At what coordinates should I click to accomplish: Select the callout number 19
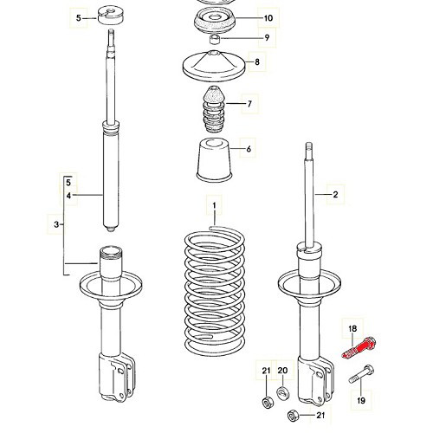coord(361,399)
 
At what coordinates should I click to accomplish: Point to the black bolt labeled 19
coord(362,378)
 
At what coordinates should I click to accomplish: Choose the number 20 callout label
coord(281,372)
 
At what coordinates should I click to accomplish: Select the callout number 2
coord(335,196)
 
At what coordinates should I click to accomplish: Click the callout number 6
coord(249,150)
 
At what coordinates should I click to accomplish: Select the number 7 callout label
coord(249,105)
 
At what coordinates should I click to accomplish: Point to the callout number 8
coord(255,61)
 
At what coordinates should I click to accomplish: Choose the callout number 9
coord(267,37)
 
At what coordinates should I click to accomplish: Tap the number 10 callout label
coord(268,17)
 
